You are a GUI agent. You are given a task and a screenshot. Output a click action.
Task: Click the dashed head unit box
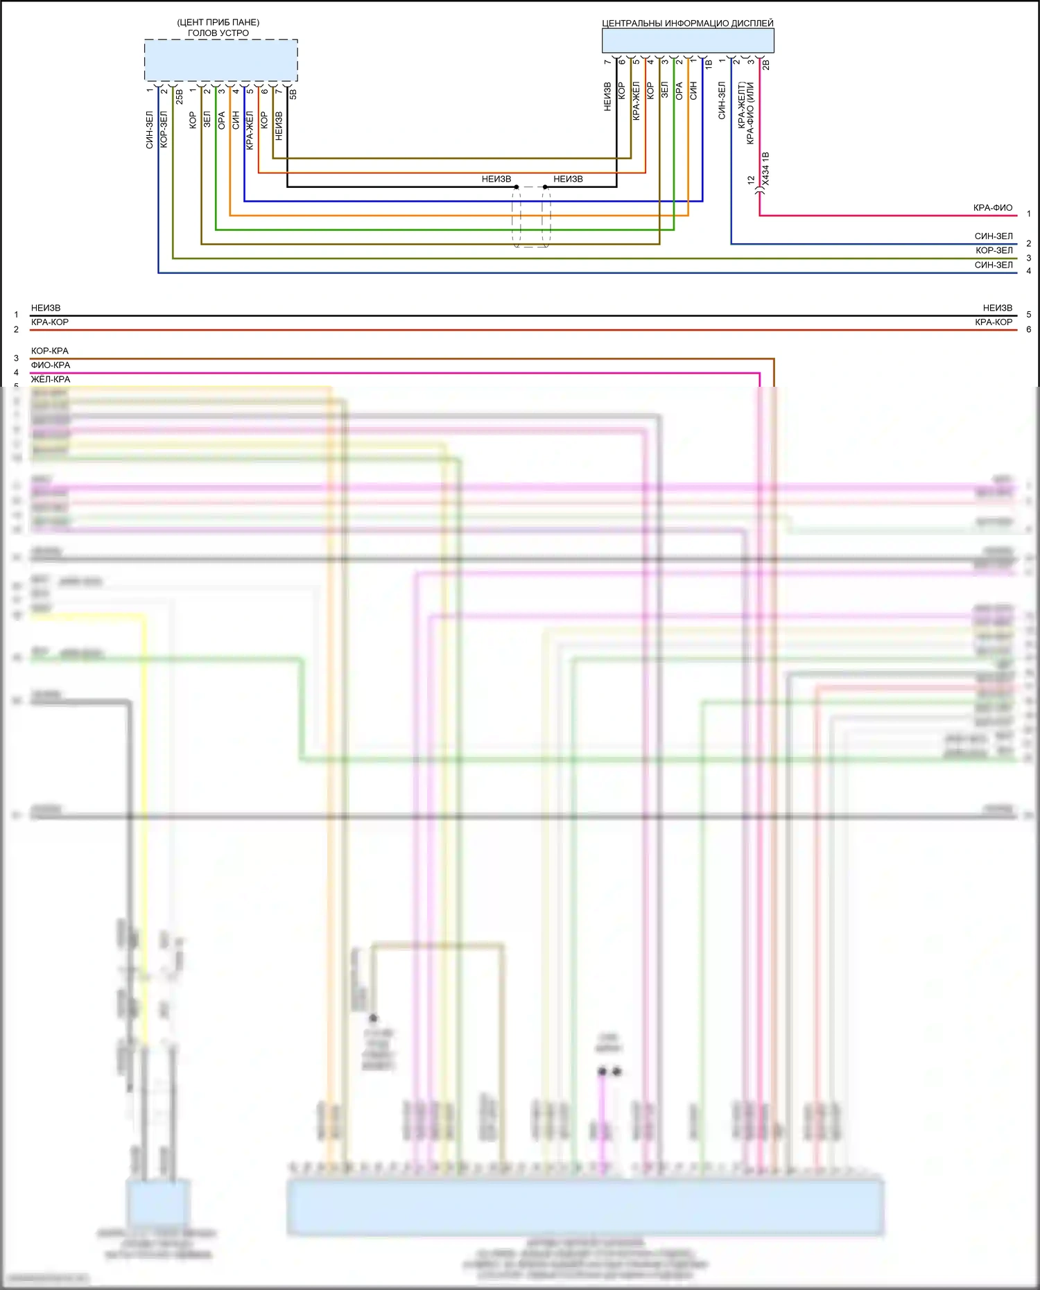click(220, 60)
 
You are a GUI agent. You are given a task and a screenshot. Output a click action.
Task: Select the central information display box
click(687, 41)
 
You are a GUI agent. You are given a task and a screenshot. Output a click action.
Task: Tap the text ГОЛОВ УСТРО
click(218, 33)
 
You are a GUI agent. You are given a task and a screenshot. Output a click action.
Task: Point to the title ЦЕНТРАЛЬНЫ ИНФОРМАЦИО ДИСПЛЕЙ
click(687, 23)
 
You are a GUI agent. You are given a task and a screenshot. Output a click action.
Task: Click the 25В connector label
click(180, 96)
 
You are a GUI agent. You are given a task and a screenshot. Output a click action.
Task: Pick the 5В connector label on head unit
click(293, 94)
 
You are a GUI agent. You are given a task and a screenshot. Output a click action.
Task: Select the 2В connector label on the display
click(766, 65)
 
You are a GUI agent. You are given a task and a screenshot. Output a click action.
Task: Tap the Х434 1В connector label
click(765, 168)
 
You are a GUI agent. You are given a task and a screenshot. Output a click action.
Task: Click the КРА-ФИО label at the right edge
click(992, 208)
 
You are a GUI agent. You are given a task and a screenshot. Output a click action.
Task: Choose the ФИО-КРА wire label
click(51, 365)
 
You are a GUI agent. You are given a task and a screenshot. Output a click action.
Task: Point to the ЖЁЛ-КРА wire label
click(51, 379)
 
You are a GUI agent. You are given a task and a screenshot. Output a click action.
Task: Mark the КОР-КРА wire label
click(50, 351)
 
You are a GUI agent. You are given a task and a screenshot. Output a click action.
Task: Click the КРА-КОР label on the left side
click(50, 322)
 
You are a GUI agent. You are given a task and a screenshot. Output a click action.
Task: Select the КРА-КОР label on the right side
click(993, 322)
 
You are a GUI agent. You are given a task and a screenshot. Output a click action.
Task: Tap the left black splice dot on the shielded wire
click(517, 187)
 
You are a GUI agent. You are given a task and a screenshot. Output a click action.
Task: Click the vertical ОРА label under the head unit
click(222, 121)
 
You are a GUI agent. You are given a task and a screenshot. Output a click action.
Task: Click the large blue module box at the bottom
click(584, 1208)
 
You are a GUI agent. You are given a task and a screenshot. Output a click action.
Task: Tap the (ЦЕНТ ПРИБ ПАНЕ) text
click(218, 22)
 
